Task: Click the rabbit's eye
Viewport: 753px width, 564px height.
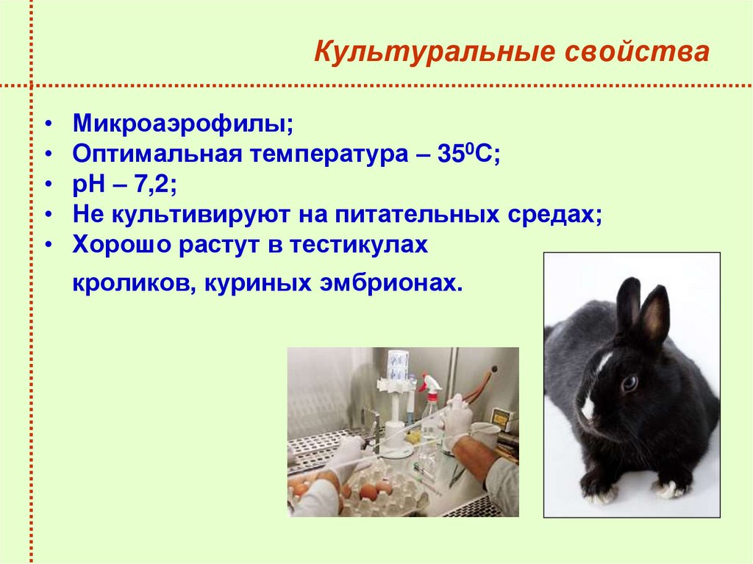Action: tap(629, 383)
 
